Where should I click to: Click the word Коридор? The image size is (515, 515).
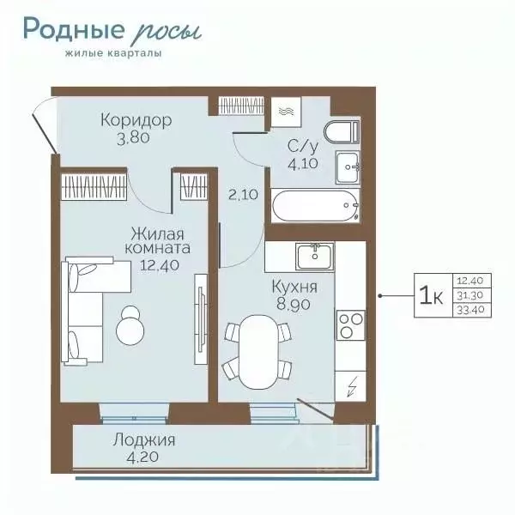click(x=135, y=119)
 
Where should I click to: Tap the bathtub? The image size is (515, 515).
click(x=312, y=206)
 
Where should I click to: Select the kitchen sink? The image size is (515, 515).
click(x=315, y=255)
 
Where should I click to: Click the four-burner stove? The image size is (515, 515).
click(x=350, y=325)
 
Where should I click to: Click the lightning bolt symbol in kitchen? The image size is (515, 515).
click(x=350, y=387)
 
